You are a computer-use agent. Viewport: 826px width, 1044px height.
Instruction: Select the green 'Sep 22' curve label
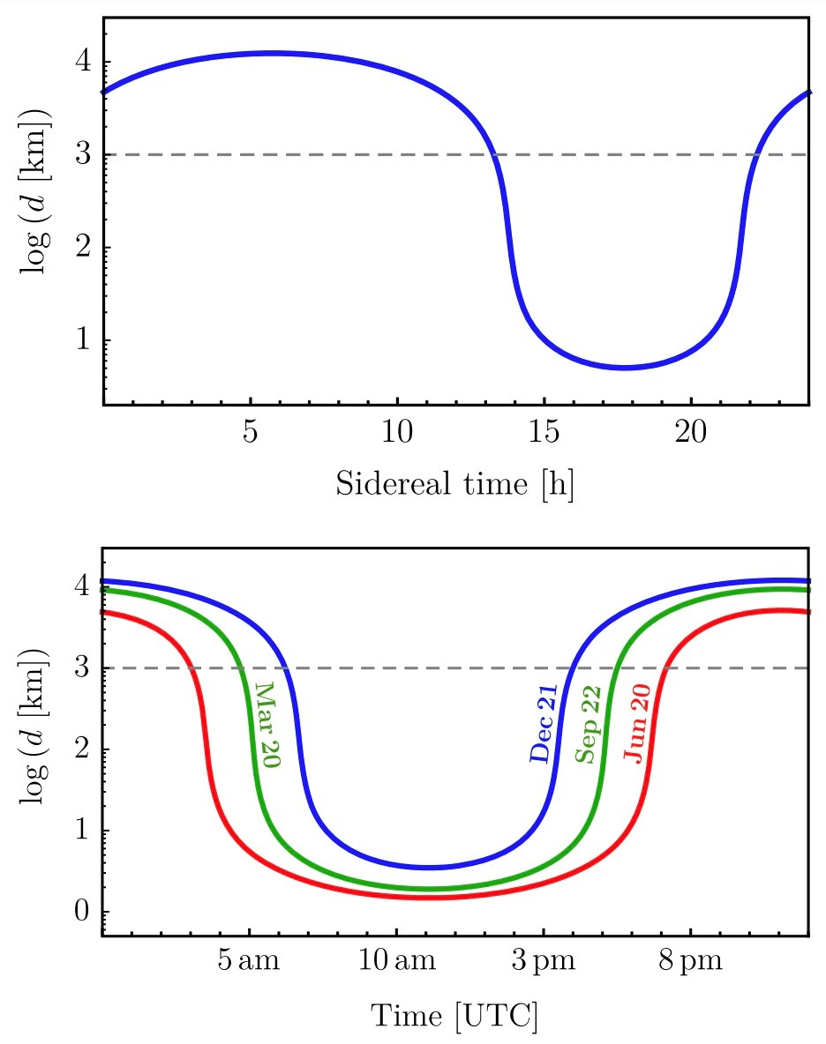pyautogui.click(x=589, y=724)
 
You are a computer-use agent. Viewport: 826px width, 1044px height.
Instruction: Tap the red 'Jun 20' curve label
pyautogui.click(x=637, y=724)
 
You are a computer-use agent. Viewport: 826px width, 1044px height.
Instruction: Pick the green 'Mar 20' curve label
pyautogui.click(x=265, y=725)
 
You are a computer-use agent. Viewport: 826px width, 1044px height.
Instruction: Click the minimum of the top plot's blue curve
pyautogui.click(x=625, y=368)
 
